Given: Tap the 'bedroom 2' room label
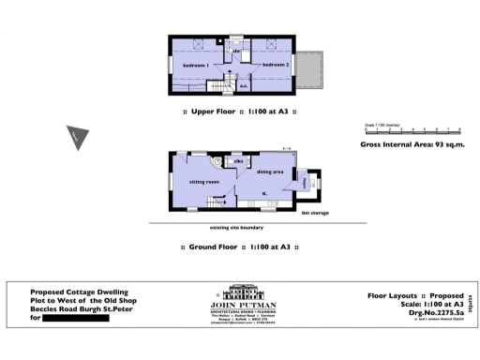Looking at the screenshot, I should [274, 65].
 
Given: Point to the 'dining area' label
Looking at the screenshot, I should [272, 172].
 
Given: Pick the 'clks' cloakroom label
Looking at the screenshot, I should [240, 162].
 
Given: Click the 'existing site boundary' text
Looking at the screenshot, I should [236, 227].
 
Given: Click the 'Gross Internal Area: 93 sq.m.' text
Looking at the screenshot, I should [412, 145].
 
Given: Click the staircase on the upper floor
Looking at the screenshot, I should [219, 86].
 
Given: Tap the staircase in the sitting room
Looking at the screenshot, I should [220, 202].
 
